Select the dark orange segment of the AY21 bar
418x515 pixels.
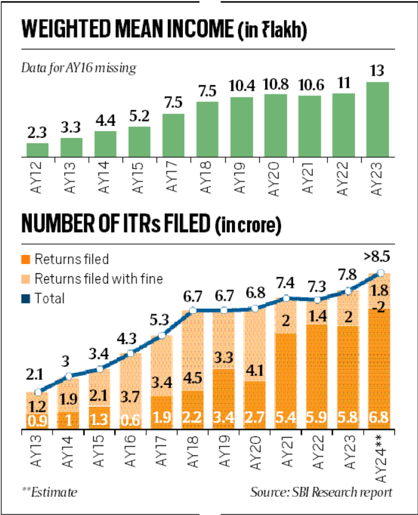(287, 381)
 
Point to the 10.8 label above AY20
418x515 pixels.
(275, 81)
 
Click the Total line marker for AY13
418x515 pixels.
(37, 392)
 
